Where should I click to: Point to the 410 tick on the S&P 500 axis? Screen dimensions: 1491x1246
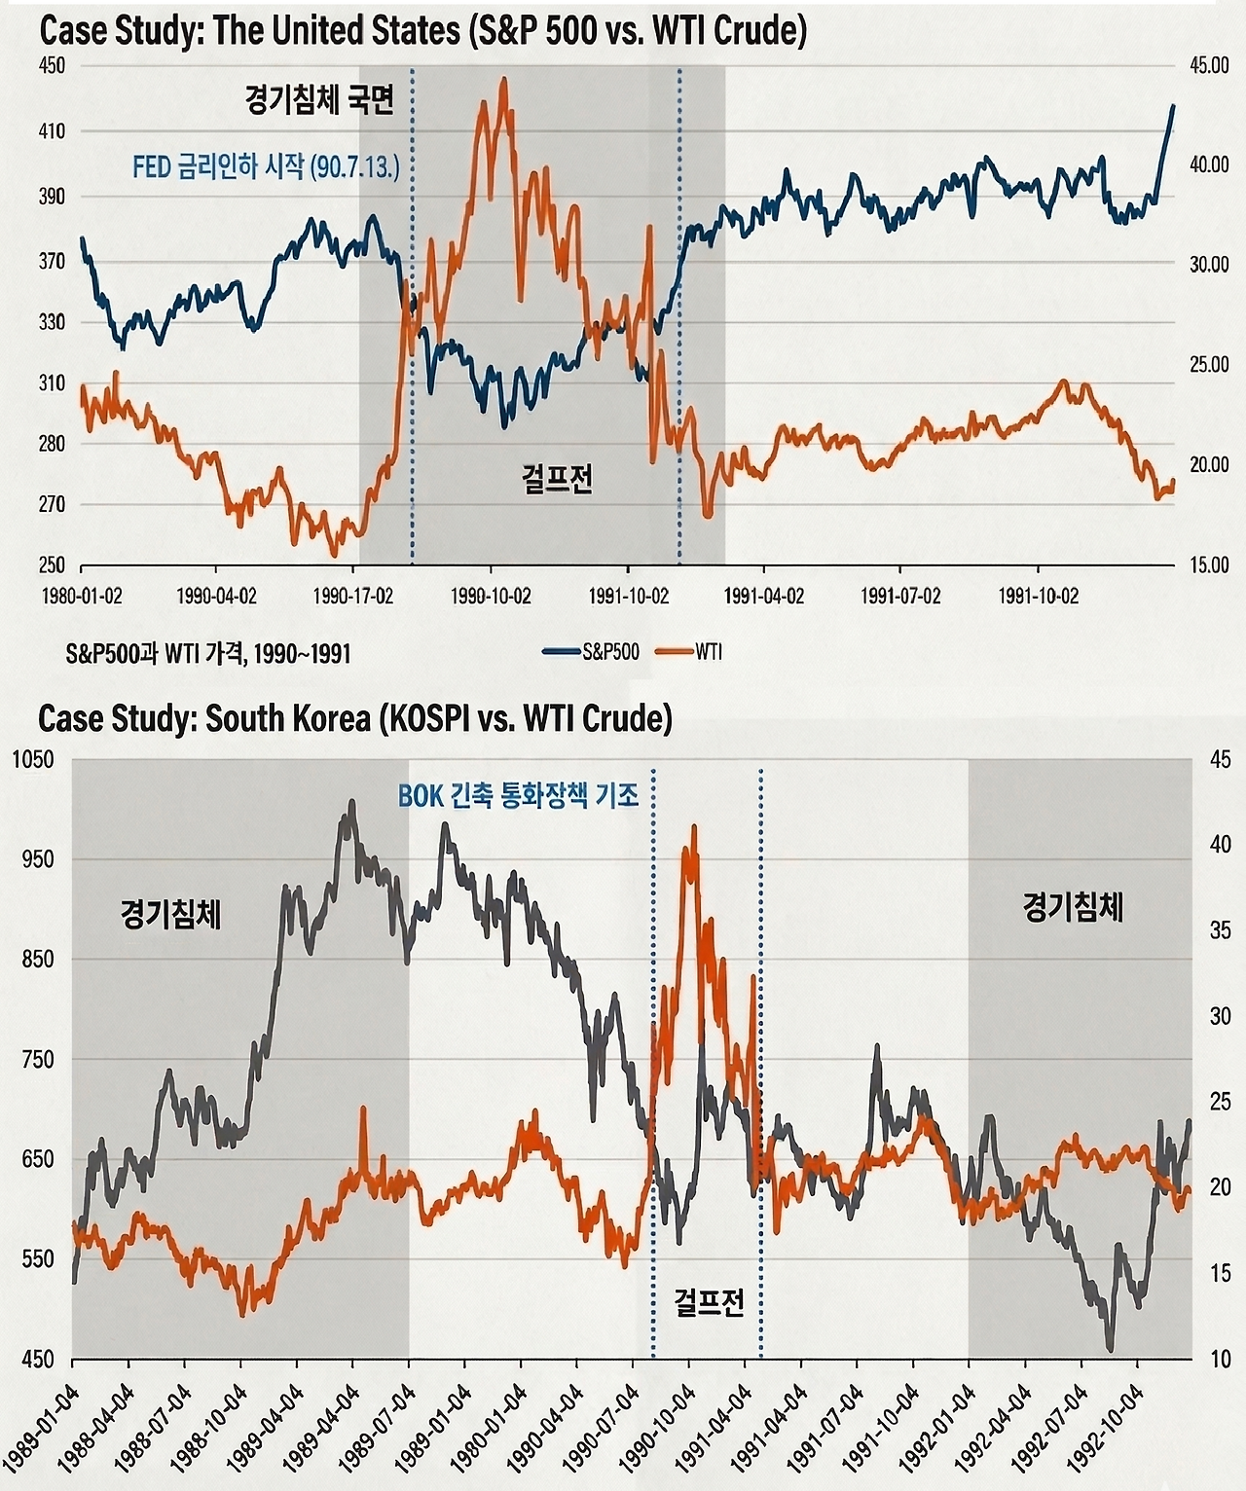tap(52, 131)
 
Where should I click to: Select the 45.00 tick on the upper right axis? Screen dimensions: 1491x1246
tap(1209, 65)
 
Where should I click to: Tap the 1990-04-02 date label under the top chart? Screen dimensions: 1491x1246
tap(216, 596)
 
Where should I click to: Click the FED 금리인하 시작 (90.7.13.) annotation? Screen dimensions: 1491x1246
tap(266, 167)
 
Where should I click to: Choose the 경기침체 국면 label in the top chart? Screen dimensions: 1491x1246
tap(319, 101)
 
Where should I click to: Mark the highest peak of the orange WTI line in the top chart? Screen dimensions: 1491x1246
tap(503, 80)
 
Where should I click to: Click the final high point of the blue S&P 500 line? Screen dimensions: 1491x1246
tap(1173, 105)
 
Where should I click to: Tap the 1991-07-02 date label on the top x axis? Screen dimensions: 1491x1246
tap(900, 596)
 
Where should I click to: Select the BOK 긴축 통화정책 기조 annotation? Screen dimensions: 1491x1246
tap(518, 796)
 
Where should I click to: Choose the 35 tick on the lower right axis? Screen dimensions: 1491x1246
tap(1219, 930)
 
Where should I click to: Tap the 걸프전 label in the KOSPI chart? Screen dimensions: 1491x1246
tap(709, 1301)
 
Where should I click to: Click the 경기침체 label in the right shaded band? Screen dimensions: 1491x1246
tap(1073, 908)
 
